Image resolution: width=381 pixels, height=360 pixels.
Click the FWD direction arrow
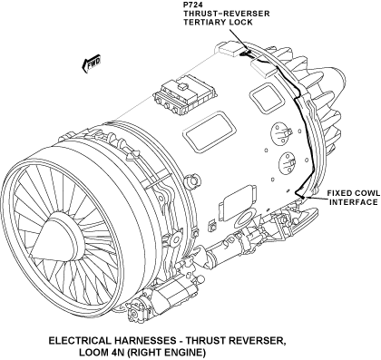pyautogui.click(x=91, y=63)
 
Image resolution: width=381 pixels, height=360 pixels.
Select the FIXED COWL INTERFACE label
pyautogui.click(x=354, y=198)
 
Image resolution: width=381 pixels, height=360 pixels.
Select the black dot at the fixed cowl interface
pyautogui.click(x=302, y=198)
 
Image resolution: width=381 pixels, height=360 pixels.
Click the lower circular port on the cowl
pyautogui.click(x=288, y=163)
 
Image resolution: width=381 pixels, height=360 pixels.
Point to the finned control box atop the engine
pyautogui.click(x=185, y=94)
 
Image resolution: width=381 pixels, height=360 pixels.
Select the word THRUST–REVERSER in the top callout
pyautogui.click(x=227, y=14)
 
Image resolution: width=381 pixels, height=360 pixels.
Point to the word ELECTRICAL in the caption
pyautogui.click(x=80, y=341)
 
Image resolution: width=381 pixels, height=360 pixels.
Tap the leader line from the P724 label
pyautogui.click(x=239, y=40)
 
